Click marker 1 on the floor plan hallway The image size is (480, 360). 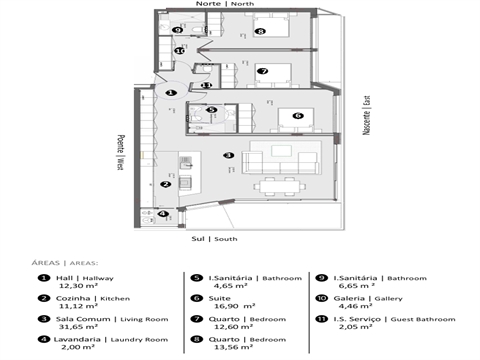coord(171,92)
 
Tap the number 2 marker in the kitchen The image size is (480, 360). coord(166,183)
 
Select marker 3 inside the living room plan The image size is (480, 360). coord(229,155)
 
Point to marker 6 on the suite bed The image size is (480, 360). coord(297,116)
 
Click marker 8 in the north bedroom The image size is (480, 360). coord(260,32)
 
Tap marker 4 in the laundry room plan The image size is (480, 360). coord(161,213)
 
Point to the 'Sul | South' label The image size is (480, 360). coord(214,239)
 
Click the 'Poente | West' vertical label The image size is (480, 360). coord(119,150)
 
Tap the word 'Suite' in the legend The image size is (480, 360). coord(219,297)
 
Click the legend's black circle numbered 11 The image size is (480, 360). coord(322,317)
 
